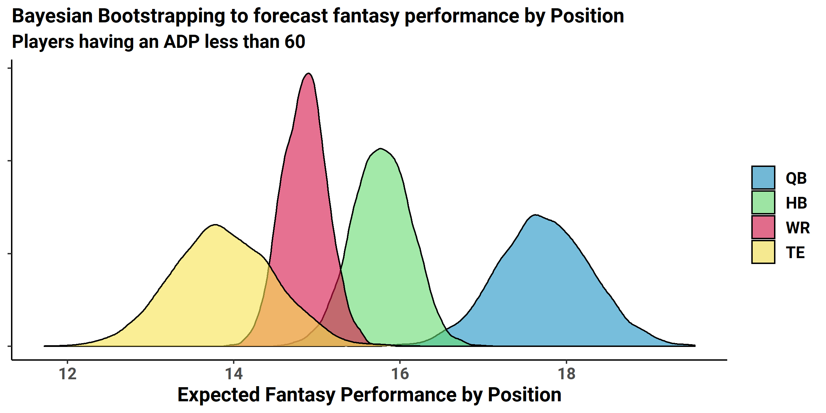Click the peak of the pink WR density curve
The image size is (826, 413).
[309, 73]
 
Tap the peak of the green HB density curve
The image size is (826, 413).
[380, 149]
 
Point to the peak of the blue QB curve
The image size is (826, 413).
[536, 215]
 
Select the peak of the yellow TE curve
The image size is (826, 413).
[215, 225]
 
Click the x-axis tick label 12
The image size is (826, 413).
[67, 374]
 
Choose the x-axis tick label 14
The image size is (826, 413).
[234, 374]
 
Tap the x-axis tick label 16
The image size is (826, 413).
[400, 374]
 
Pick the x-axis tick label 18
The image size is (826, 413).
[566, 374]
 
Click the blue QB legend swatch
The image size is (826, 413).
[763, 178]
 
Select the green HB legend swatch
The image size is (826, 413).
[763, 202]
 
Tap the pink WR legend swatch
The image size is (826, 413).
[763, 227]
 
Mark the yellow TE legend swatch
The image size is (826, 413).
[763, 252]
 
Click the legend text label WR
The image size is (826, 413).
[798, 227]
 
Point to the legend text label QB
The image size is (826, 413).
[796, 178]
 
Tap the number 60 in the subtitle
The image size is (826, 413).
[295, 42]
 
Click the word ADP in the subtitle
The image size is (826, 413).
[181, 42]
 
